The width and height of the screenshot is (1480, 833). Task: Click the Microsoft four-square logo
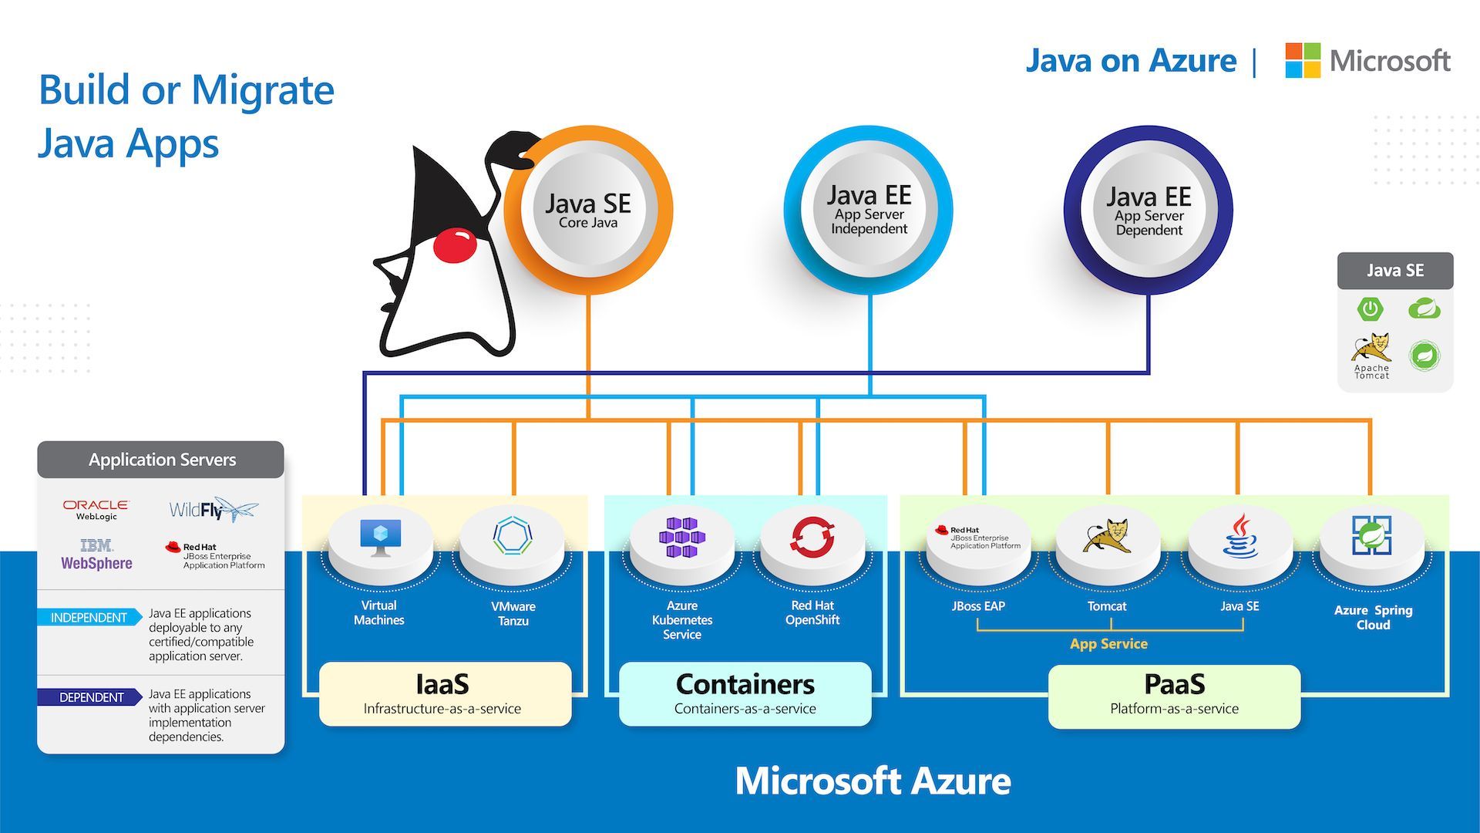coord(1303,60)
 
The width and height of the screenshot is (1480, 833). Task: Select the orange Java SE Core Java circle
coord(588,210)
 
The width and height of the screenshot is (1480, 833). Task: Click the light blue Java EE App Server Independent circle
coord(869,210)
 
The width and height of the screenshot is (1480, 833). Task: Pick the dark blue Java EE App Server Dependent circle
coord(1149,210)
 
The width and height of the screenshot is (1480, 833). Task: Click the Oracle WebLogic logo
coord(96,510)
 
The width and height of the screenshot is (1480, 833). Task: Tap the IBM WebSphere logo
coord(96,555)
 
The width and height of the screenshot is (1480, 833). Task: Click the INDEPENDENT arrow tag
coord(89,618)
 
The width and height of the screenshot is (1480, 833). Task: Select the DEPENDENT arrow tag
coord(90,697)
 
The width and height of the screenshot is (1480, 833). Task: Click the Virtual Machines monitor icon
coord(381,537)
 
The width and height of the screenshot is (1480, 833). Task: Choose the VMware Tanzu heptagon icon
coord(513,536)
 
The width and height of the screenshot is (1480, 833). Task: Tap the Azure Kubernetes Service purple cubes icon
coord(682,537)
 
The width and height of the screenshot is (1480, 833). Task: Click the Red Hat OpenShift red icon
coord(812,537)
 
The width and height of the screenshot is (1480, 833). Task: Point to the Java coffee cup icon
coord(1239,536)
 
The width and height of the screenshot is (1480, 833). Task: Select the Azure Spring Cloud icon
coord(1371,536)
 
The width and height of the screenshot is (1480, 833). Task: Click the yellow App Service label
coord(1108,644)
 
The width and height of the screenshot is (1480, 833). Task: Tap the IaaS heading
coord(442,684)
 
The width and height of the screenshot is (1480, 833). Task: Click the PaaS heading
coord(1174,684)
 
